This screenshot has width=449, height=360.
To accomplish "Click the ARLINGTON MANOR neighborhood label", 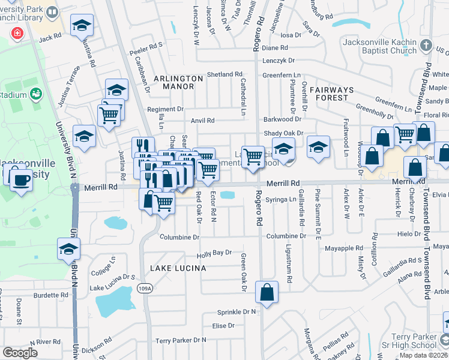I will coord(178,82).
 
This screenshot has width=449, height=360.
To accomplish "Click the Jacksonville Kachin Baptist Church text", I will coord(379,46).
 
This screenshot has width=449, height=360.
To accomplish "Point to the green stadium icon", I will coord(36,94).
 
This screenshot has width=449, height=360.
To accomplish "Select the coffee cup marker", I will coord(21,179).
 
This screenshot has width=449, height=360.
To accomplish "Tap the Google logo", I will coord(20,353).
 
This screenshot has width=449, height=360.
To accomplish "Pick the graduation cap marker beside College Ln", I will coord(68,249).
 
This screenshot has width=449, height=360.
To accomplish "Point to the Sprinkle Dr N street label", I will coord(237,312).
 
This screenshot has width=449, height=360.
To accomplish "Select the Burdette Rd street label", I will coord(51,295).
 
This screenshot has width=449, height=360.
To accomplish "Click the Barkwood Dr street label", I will coord(282,119).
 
